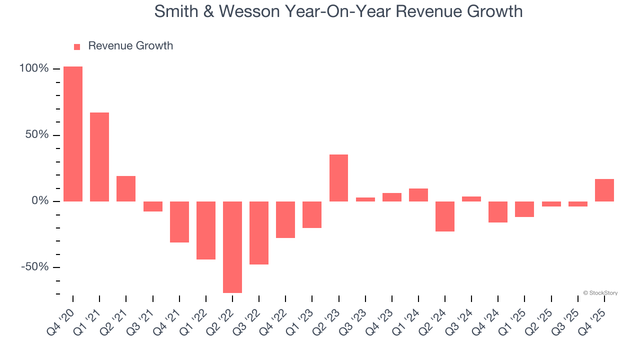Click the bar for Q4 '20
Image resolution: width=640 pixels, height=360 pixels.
73,134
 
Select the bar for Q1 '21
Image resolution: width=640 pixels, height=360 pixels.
99,157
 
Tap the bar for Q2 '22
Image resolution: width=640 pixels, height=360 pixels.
232,247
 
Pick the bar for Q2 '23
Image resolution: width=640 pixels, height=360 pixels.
339,178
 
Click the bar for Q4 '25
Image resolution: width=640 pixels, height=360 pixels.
604,190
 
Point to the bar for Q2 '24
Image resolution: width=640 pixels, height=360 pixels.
445,216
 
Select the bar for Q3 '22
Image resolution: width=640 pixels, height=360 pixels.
259,233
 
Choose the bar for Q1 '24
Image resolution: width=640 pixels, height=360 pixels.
418,195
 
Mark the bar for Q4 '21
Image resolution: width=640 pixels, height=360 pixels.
179,222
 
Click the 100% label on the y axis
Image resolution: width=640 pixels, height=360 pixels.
34,68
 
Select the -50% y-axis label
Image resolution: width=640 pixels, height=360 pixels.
35,267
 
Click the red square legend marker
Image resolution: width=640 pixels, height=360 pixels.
77,47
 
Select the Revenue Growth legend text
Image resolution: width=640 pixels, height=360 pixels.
130,46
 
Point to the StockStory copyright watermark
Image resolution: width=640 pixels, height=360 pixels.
600,293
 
